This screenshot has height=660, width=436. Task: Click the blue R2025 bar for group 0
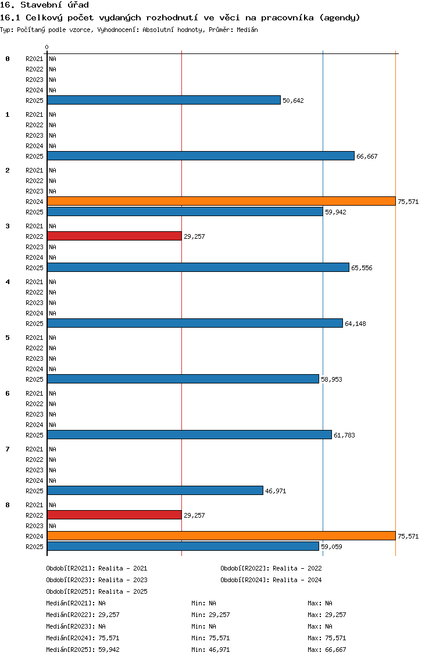point(164,100)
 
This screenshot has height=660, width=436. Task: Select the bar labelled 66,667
point(201,156)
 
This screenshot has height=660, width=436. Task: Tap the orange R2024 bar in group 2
point(221,201)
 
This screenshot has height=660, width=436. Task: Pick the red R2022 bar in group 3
point(115,236)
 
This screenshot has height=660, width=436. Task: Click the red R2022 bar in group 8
point(115,515)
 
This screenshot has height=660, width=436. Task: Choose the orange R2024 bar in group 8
point(221,536)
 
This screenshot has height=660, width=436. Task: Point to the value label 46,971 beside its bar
point(276,491)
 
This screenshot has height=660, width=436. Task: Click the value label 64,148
point(355,324)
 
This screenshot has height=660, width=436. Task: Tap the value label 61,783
point(344,435)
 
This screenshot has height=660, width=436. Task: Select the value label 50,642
point(293,101)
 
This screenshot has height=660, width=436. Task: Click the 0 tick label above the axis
point(47,47)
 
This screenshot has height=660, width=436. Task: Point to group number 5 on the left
point(8,338)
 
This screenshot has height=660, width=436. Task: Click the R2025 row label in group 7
point(34,491)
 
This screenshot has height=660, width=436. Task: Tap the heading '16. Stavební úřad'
point(44,5)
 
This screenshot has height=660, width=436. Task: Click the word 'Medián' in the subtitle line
point(247,30)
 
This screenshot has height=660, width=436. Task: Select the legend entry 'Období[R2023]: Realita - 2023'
point(97,580)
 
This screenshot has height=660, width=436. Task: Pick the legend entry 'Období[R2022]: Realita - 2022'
point(271,568)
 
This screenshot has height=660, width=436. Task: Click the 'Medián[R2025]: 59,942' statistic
point(83,650)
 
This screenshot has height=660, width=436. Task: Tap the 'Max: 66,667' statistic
point(327,650)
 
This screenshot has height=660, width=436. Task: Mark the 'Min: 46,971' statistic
point(210,650)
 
